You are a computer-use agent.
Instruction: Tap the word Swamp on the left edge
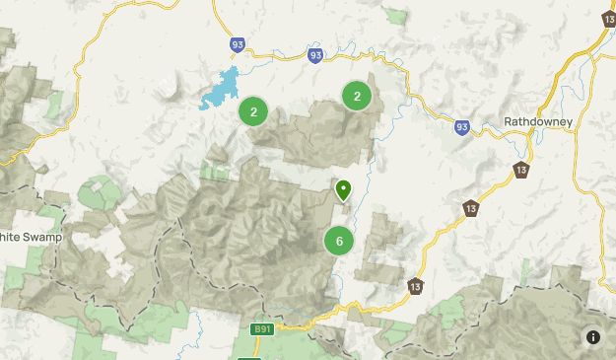[x=37, y=237]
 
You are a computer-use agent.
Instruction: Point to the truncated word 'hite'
[x=9, y=237]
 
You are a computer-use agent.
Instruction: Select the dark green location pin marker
[x=343, y=188]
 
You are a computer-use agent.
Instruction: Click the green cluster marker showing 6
[x=339, y=241]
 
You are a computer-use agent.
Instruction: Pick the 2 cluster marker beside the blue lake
[x=253, y=111]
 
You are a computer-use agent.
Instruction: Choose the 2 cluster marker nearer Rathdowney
[x=356, y=96]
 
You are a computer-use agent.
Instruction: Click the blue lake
[x=221, y=91]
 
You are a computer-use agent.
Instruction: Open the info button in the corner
[x=592, y=336]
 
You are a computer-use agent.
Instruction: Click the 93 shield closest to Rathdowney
[x=462, y=126]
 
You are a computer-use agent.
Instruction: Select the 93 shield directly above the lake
[x=237, y=44]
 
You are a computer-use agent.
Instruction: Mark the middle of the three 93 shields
[x=314, y=55]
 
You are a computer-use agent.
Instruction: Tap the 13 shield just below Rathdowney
[x=520, y=171]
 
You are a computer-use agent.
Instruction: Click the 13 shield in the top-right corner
[x=608, y=19]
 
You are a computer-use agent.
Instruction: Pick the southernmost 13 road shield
[x=416, y=286]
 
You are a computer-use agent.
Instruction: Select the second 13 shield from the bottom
[x=471, y=208]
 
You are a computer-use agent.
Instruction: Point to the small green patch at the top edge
[x=396, y=16]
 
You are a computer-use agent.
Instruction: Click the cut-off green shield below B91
[x=249, y=357]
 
